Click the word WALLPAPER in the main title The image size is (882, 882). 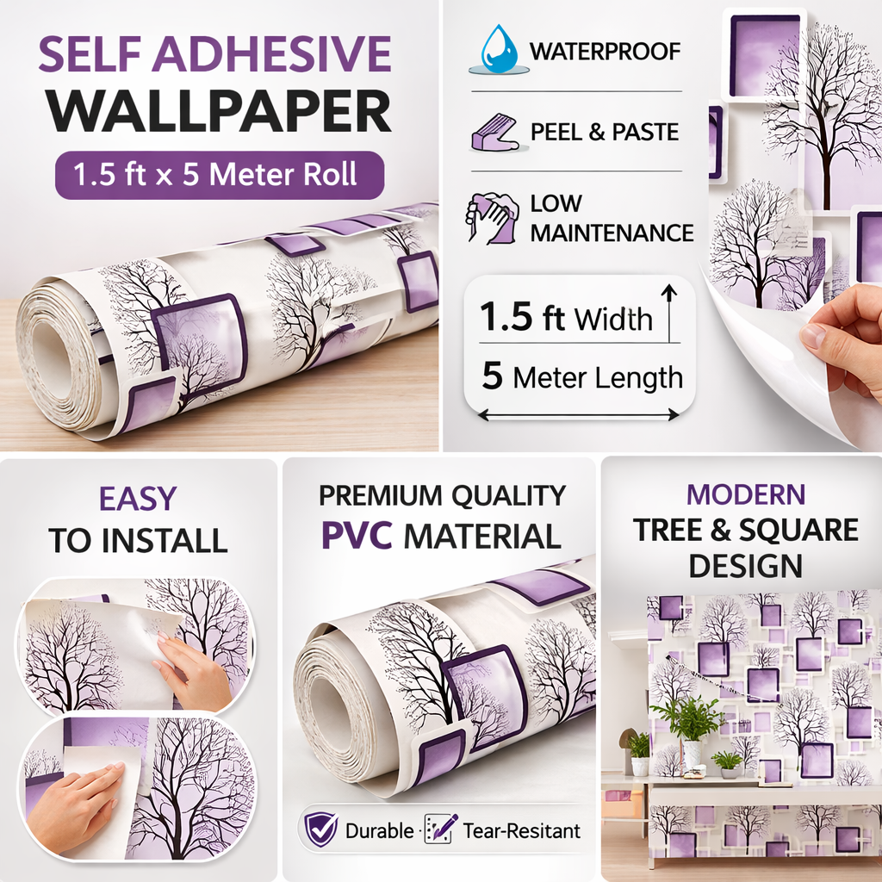(x=219, y=111)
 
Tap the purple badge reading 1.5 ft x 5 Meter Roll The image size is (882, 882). (x=220, y=175)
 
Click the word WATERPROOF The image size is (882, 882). (x=606, y=51)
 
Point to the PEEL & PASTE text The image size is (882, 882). (x=605, y=132)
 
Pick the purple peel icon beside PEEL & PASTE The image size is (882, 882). (x=495, y=132)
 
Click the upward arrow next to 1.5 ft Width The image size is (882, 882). (x=668, y=313)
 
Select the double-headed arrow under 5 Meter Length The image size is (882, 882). (x=579, y=415)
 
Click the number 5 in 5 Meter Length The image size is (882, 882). (x=492, y=376)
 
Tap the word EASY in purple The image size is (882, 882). (x=138, y=499)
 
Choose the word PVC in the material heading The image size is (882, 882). (x=357, y=536)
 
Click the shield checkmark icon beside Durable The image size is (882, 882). (x=320, y=829)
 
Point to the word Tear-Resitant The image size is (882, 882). (x=521, y=830)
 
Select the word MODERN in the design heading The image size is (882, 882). (x=746, y=494)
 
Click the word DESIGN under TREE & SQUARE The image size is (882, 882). (x=746, y=565)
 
